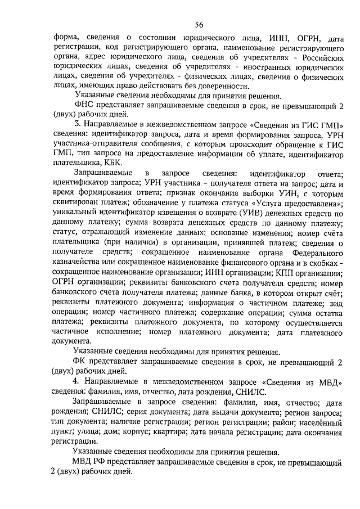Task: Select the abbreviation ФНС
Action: [83, 107]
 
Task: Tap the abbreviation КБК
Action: [114, 160]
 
